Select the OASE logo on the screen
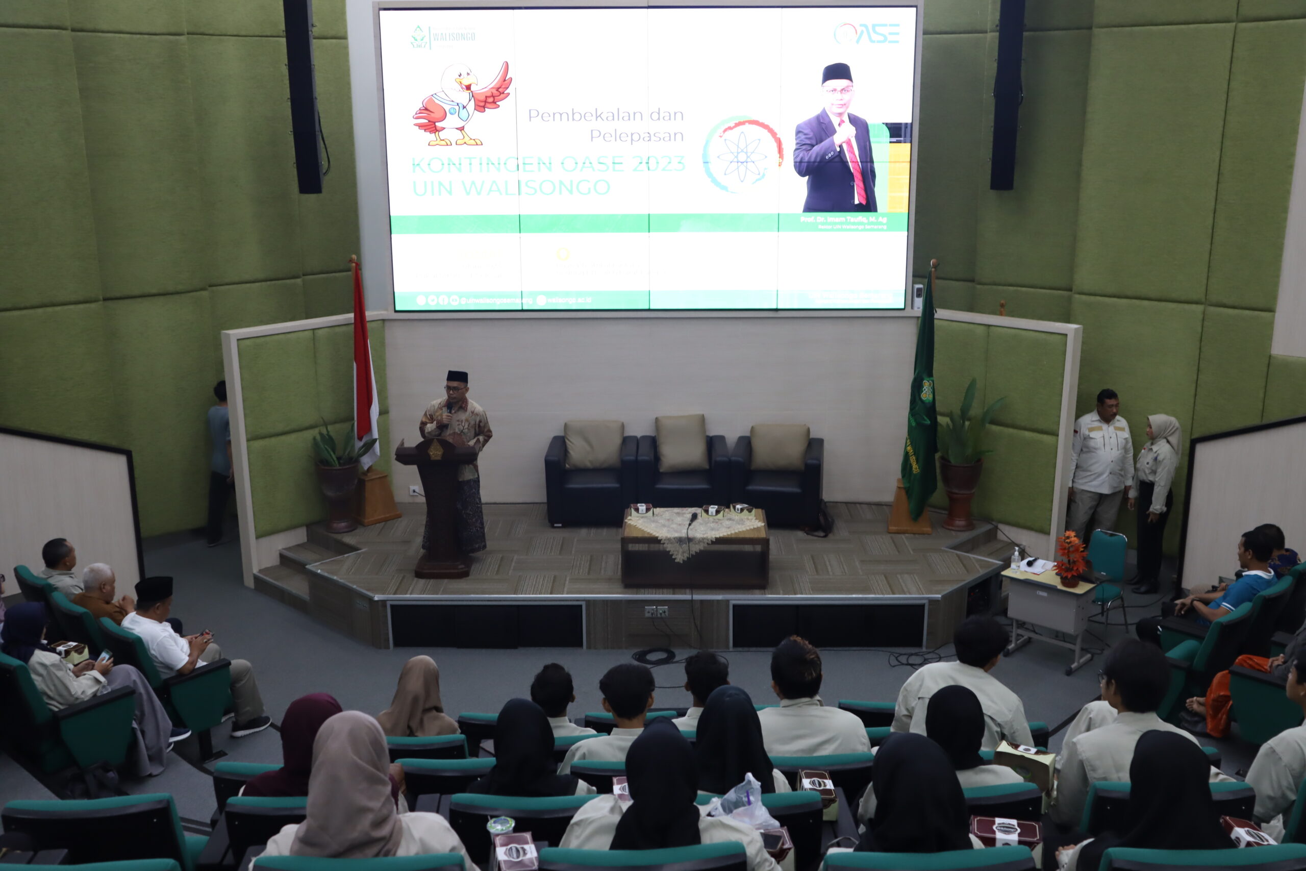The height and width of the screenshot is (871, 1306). pos(867,34)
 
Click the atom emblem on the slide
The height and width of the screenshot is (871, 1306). pos(742,155)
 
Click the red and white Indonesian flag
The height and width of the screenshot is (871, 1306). pos(364,367)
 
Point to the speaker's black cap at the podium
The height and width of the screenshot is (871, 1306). pos(457,377)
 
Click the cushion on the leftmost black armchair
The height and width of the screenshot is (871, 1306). pos(594,444)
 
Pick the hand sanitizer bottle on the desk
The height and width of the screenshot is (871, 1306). pos(1016,559)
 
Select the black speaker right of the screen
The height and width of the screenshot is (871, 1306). pos(1007,94)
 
